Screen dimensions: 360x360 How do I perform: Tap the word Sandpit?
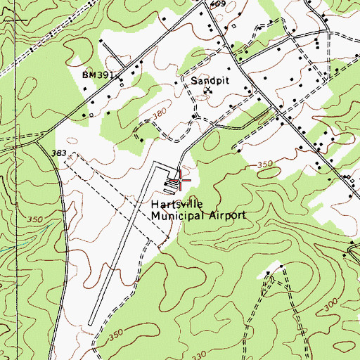point(206,81)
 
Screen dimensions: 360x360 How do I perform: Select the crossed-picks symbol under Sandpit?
point(207,91)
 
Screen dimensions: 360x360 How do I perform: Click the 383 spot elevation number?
point(60,152)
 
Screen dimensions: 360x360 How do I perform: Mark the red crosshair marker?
point(181,180)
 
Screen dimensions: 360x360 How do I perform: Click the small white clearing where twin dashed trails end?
point(280,268)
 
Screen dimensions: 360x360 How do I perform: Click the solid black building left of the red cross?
point(169,184)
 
